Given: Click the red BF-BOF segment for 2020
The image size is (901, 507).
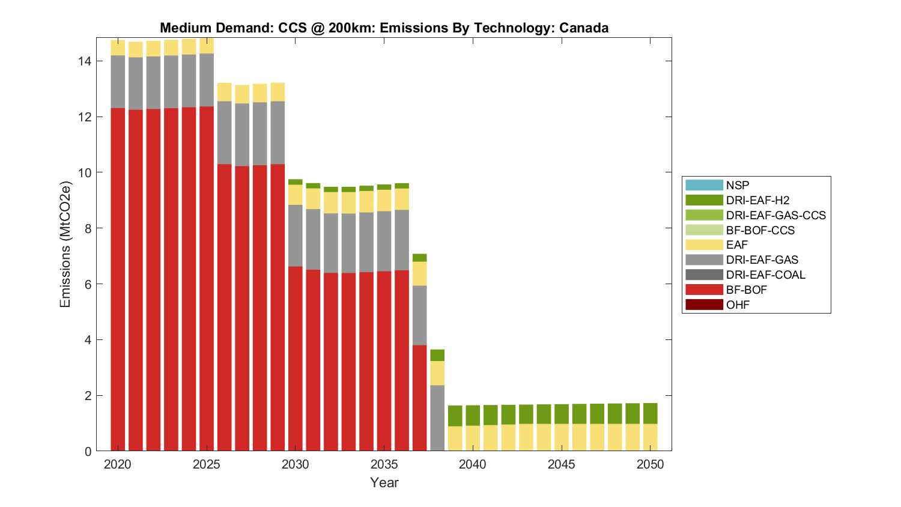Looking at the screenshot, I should pyautogui.click(x=118, y=279).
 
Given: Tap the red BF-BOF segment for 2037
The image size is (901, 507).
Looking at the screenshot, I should pyautogui.click(x=420, y=398).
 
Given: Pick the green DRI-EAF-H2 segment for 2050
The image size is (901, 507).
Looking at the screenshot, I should pyautogui.click(x=651, y=413).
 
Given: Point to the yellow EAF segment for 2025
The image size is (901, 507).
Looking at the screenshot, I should pyautogui.click(x=207, y=46).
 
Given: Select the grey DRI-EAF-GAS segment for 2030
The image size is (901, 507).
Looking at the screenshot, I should pyautogui.click(x=296, y=235).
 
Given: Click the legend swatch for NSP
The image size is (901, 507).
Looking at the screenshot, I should pyautogui.click(x=703, y=185).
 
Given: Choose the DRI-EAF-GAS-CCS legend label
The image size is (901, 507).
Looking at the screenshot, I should pyautogui.click(x=775, y=215).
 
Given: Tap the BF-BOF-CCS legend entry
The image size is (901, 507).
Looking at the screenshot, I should pyautogui.click(x=760, y=230).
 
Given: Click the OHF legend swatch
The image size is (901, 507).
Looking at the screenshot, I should pyautogui.click(x=703, y=305).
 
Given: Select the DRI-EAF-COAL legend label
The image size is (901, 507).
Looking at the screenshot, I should pyautogui.click(x=765, y=275).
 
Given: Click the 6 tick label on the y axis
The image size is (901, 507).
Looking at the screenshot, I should pyautogui.click(x=88, y=284).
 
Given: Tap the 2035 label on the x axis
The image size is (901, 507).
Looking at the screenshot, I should pyautogui.click(x=384, y=464).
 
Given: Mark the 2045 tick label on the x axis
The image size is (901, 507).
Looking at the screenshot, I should pyautogui.click(x=562, y=464).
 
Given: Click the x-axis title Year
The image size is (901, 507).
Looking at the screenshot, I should pyautogui.click(x=384, y=482).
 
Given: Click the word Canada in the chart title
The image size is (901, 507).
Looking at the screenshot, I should pyautogui.click(x=584, y=28).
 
